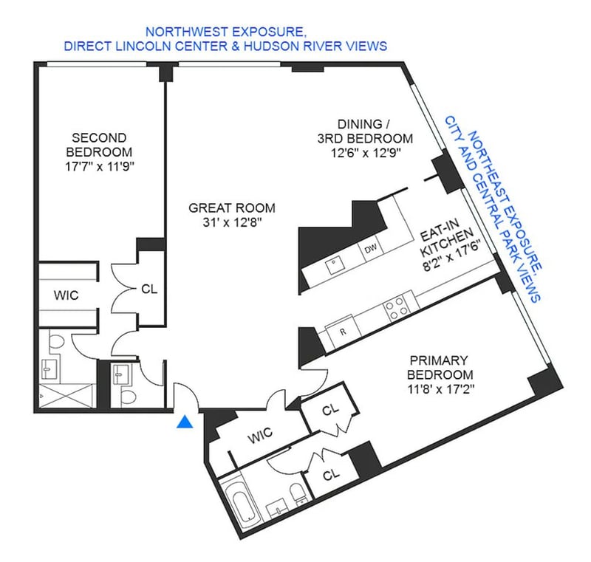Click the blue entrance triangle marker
tap(185, 422)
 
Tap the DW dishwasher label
tap(371, 248)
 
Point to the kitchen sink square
tap(335, 266)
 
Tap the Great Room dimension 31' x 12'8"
tap(232, 222)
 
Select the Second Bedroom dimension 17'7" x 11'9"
tap(100, 166)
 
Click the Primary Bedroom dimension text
tap(440, 388)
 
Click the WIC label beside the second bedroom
tap(66, 295)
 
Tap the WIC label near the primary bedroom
tap(260, 435)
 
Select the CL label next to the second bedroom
tap(149, 289)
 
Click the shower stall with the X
tap(66, 396)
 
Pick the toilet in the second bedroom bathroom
tap(58, 340)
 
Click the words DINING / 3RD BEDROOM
tap(364, 131)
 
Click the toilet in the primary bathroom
tap(298, 494)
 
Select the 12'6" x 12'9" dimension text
tap(365, 153)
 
